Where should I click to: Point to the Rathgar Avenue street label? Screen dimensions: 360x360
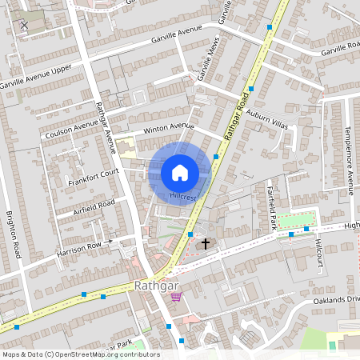106,127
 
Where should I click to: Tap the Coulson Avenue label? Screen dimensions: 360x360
72,127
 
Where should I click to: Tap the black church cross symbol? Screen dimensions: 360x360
205,242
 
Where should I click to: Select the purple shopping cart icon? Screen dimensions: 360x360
176,297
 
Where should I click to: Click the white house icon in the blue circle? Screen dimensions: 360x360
180,171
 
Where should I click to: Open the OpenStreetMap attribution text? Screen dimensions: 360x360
81,354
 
